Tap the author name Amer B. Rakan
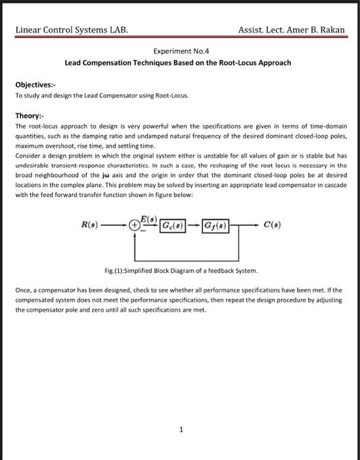[315, 30]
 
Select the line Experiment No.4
[180, 50]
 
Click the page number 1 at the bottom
[180, 430]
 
